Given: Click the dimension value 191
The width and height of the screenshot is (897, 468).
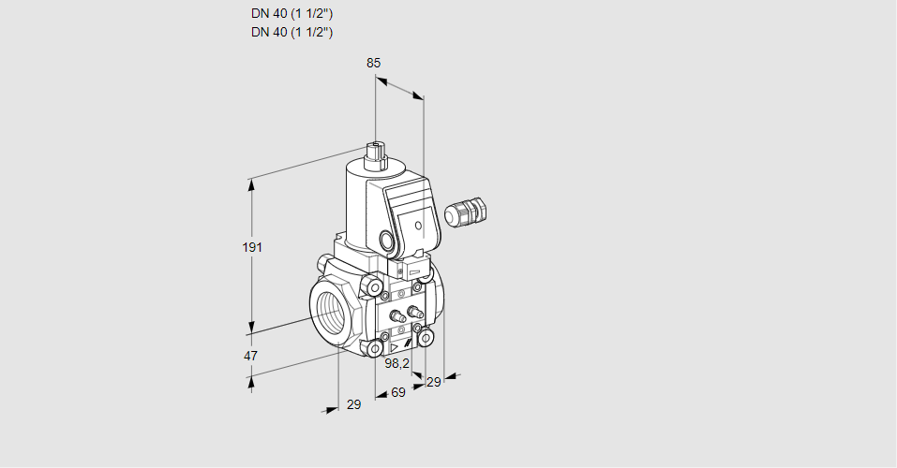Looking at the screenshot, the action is coord(252,247).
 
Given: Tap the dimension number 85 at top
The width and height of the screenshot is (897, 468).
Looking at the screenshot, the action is coord(374,63).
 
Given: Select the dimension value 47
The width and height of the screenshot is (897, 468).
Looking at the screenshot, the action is coord(250,356).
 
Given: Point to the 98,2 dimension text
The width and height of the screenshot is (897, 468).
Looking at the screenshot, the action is coord(397,363).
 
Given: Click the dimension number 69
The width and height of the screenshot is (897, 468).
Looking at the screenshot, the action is coord(398,392).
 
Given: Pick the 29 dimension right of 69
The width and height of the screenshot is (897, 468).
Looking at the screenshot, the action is coord(434,382).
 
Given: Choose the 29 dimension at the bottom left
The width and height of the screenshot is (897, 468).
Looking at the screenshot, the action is coord(354,404).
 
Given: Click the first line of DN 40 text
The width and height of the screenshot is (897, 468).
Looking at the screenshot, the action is coord(292,14).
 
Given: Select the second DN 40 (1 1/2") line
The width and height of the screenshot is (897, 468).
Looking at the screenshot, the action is coord(292,32).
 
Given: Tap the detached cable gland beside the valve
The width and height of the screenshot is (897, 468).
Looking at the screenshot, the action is coord(466,212).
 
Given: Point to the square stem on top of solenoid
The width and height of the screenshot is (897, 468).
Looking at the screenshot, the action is coord(377,154).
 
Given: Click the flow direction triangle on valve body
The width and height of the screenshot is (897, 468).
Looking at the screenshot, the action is coord(394,347).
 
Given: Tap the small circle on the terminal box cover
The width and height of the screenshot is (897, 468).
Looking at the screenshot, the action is coord(418,226).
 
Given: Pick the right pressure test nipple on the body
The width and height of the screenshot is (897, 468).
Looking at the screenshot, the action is coord(414,312).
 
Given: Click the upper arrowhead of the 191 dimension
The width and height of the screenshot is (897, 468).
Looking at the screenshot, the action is coord(250,184).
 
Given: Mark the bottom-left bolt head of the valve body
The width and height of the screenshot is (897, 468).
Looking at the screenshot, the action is coord(375,347).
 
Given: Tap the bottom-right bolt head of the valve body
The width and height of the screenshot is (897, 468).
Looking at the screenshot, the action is coord(426,338).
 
